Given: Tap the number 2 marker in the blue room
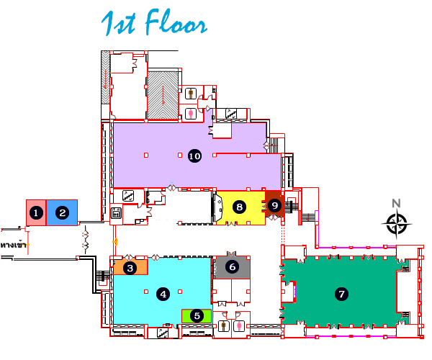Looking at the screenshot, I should (x=63, y=212).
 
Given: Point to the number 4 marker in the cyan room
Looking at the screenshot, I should (x=164, y=294).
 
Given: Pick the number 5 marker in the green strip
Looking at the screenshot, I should (x=197, y=315).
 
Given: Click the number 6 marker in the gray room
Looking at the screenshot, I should (x=232, y=266).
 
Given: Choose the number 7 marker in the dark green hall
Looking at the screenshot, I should (x=341, y=294).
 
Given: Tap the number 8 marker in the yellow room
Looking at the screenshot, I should (x=240, y=207).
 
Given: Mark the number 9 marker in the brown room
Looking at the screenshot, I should (x=274, y=205).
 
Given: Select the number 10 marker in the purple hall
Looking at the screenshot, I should (x=194, y=156).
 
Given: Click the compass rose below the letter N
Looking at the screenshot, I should (x=397, y=224).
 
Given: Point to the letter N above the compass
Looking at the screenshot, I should (x=396, y=204).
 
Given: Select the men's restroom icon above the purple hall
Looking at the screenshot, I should (x=190, y=93).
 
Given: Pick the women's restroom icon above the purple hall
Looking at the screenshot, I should (x=190, y=113).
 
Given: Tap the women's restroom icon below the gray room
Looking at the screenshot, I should (x=239, y=325).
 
